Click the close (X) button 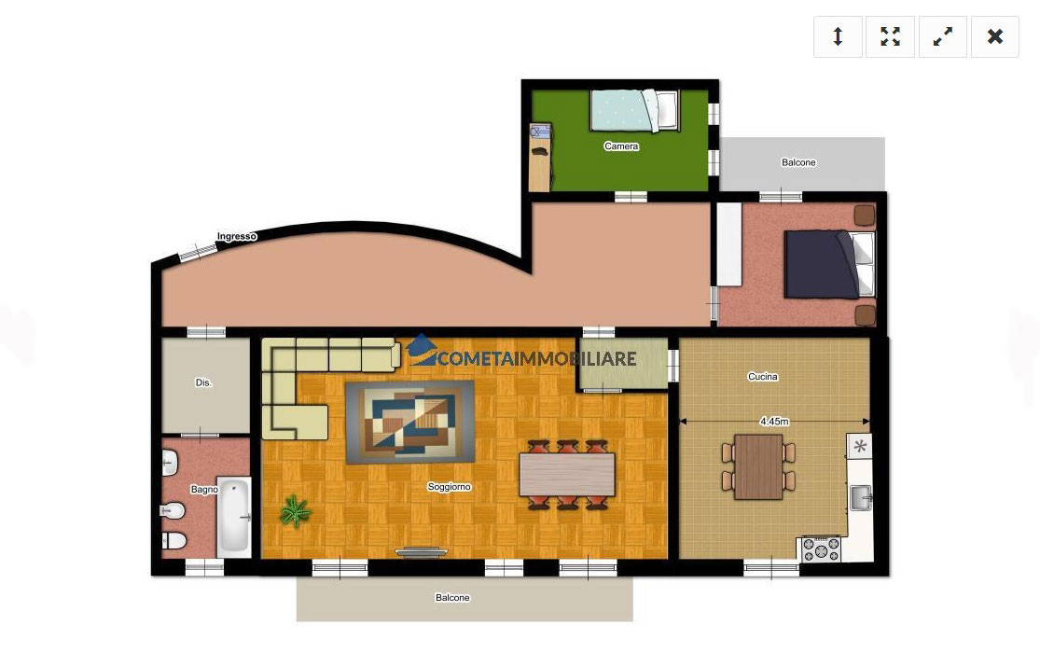[994, 36]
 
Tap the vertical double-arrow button [838, 36]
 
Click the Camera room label [621, 146]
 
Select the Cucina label [763, 376]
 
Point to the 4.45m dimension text [774, 422]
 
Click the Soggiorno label [449, 486]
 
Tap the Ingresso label [237, 236]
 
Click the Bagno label [203, 489]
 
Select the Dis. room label [203, 382]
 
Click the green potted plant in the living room [295, 511]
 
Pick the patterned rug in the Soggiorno [409, 422]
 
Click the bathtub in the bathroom [234, 517]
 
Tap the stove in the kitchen [821, 549]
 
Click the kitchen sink [861, 498]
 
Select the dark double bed [829, 264]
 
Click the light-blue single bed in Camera [635, 110]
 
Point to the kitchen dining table [758, 466]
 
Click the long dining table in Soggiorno [567, 474]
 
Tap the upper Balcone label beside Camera [798, 162]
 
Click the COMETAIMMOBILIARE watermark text [537, 359]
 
